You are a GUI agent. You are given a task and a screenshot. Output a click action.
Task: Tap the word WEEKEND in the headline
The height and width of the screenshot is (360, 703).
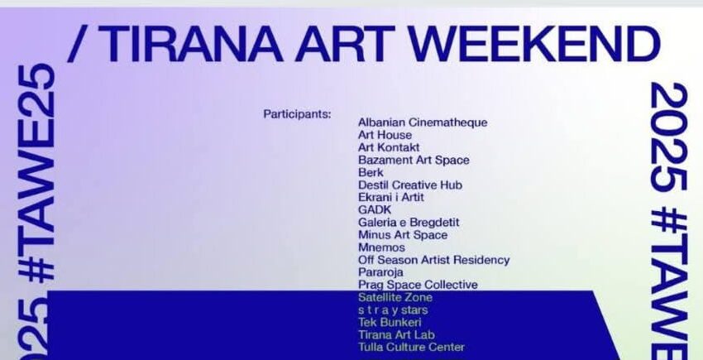click(533, 44)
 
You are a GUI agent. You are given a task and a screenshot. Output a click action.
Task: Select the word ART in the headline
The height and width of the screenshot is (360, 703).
click(345, 44)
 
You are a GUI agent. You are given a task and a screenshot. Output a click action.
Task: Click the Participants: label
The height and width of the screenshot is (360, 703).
click(297, 114)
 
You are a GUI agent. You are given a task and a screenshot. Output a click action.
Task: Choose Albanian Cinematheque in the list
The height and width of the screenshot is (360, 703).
click(423, 122)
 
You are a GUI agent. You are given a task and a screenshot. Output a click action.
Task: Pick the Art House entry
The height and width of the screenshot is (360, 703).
click(385, 135)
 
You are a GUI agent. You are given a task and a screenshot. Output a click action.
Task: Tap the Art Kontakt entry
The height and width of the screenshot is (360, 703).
click(389, 147)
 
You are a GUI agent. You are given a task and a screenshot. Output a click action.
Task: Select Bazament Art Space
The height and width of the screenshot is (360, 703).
click(414, 161)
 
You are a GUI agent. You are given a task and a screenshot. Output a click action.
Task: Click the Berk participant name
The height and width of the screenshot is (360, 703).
click(371, 172)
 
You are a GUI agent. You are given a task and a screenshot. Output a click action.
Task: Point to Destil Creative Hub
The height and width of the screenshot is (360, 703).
click(409, 185)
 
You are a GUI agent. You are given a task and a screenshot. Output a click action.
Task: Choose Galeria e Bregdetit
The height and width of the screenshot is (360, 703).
click(409, 223)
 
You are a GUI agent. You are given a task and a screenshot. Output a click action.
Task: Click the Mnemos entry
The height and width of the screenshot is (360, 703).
click(381, 247)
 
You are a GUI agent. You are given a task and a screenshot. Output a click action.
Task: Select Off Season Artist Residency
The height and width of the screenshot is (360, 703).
click(433, 260)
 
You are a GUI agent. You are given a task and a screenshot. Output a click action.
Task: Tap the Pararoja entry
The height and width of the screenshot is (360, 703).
click(380, 272)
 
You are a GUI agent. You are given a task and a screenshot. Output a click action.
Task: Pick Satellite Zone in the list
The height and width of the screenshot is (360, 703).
click(395, 298)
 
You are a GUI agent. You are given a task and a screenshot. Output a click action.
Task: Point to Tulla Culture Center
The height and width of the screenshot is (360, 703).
click(411, 347)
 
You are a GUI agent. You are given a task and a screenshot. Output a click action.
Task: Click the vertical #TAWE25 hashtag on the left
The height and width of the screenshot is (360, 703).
click(36, 173)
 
